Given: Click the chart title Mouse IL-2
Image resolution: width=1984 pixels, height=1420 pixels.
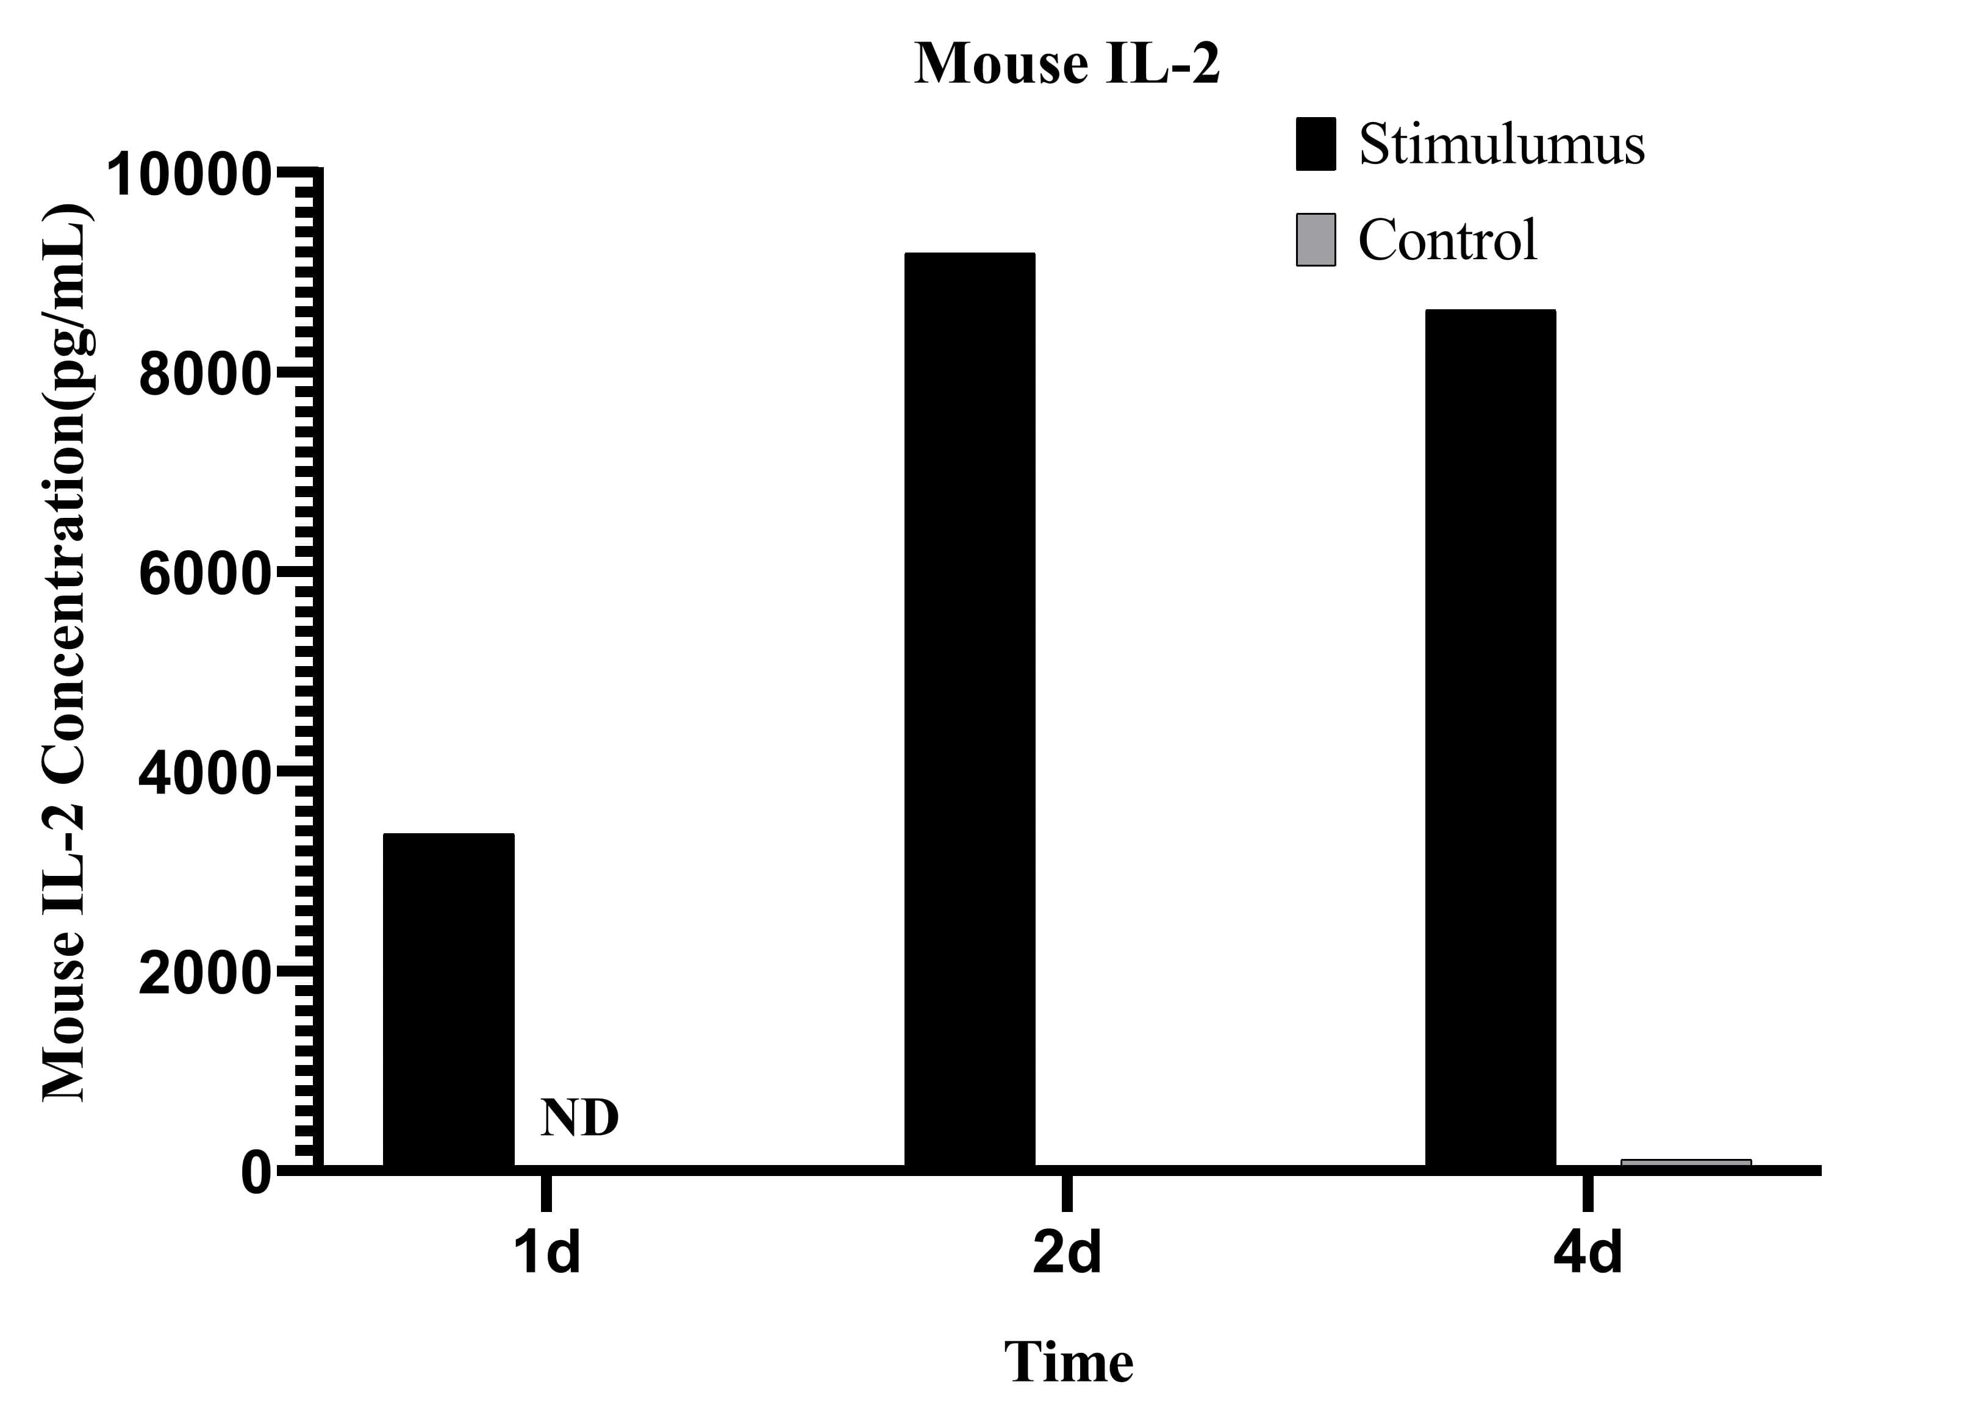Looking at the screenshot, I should click(x=1066, y=64).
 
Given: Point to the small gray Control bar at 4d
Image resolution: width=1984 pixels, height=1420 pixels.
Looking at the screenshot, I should click(x=1685, y=1162).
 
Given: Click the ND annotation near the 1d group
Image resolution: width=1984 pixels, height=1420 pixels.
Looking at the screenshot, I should click(x=579, y=1118).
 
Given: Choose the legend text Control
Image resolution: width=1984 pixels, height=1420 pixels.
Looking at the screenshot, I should click(x=1447, y=240).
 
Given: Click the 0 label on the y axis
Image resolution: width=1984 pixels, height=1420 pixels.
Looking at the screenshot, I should click(x=256, y=1174).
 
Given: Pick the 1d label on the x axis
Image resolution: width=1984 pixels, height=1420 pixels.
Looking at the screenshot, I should click(x=546, y=1253).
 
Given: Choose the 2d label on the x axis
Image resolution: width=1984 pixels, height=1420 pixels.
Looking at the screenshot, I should click(x=1067, y=1253).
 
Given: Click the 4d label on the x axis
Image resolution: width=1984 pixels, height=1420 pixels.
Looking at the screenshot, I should click(x=1587, y=1253).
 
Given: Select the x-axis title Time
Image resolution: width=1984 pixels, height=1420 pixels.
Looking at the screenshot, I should click(x=1068, y=1361).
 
